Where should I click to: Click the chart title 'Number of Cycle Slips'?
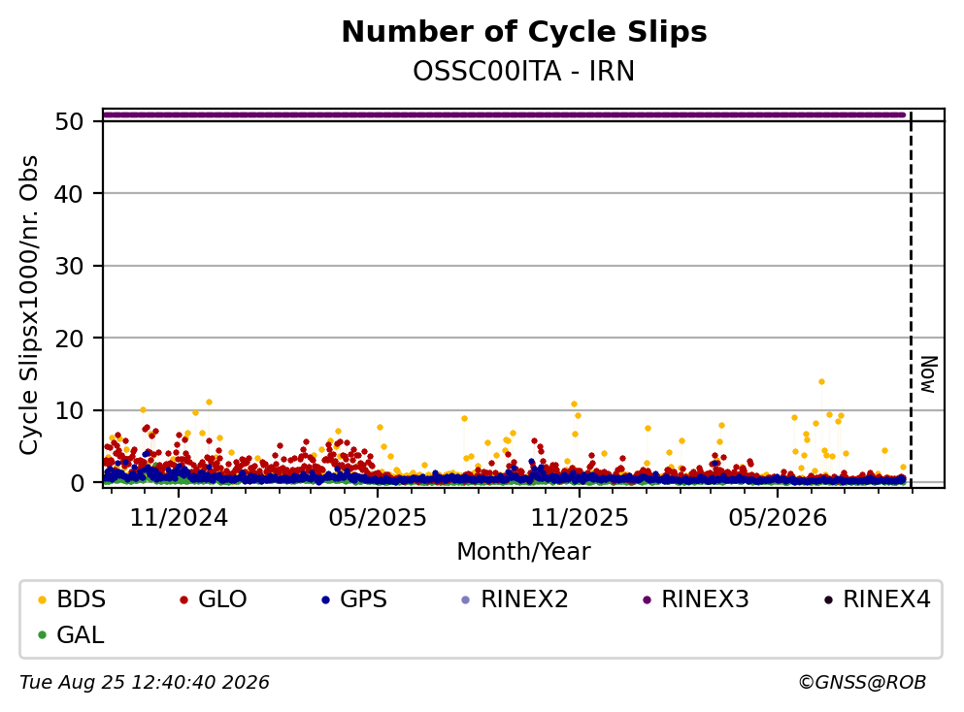(524, 32)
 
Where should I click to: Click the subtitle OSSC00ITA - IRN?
(524, 71)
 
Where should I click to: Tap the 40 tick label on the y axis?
(69, 194)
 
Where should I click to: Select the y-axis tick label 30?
(69, 266)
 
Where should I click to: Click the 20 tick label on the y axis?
(69, 339)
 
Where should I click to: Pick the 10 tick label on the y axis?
(69, 411)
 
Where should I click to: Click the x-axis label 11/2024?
(179, 518)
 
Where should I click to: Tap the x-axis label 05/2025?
(378, 518)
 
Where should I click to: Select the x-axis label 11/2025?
(580, 518)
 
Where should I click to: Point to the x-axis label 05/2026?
(778, 518)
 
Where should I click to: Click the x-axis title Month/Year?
(524, 552)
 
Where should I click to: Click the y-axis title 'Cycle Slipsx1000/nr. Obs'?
(29, 306)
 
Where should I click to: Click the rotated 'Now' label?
(928, 374)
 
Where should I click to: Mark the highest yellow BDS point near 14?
(821, 382)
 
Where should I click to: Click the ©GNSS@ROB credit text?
(862, 682)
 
